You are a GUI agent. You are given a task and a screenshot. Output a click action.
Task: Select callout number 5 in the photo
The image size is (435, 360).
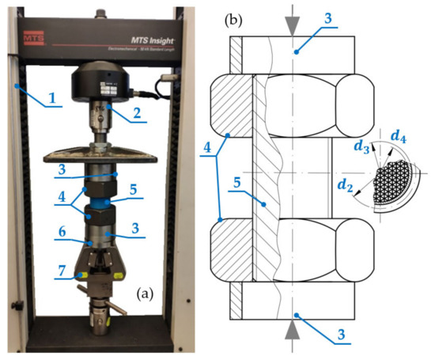pos(134,190)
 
